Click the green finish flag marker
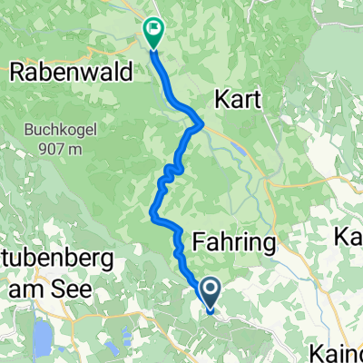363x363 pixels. (152, 34)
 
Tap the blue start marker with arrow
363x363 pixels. (210, 293)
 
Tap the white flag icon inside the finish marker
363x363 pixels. (152, 29)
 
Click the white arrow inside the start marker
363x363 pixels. (210, 290)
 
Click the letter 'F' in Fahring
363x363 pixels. (201, 241)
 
